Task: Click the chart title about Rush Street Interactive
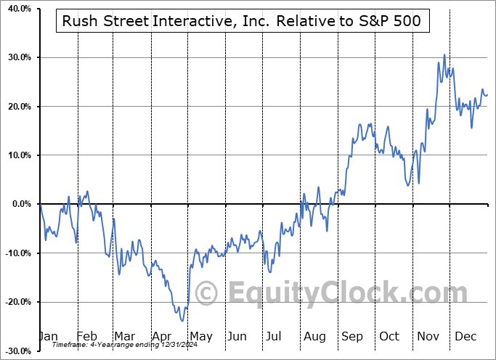click(x=243, y=22)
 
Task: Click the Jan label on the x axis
click(x=48, y=336)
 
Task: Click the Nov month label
click(x=428, y=336)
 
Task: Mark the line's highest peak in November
click(x=444, y=54)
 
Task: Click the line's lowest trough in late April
click(x=182, y=321)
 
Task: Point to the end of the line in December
click(x=487, y=94)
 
